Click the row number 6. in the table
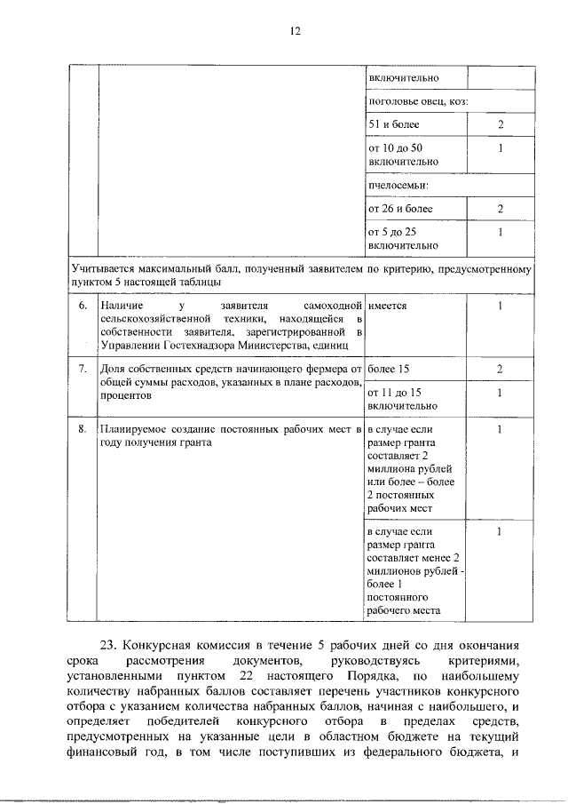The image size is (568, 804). click(x=83, y=306)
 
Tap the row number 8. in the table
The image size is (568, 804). click(x=83, y=429)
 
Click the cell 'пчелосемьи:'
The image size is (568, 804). click(x=392, y=186)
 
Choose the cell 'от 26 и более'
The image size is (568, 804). click(x=400, y=209)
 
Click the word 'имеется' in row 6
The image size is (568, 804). click(x=387, y=306)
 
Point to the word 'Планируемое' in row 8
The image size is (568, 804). click(x=131, y=429)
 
